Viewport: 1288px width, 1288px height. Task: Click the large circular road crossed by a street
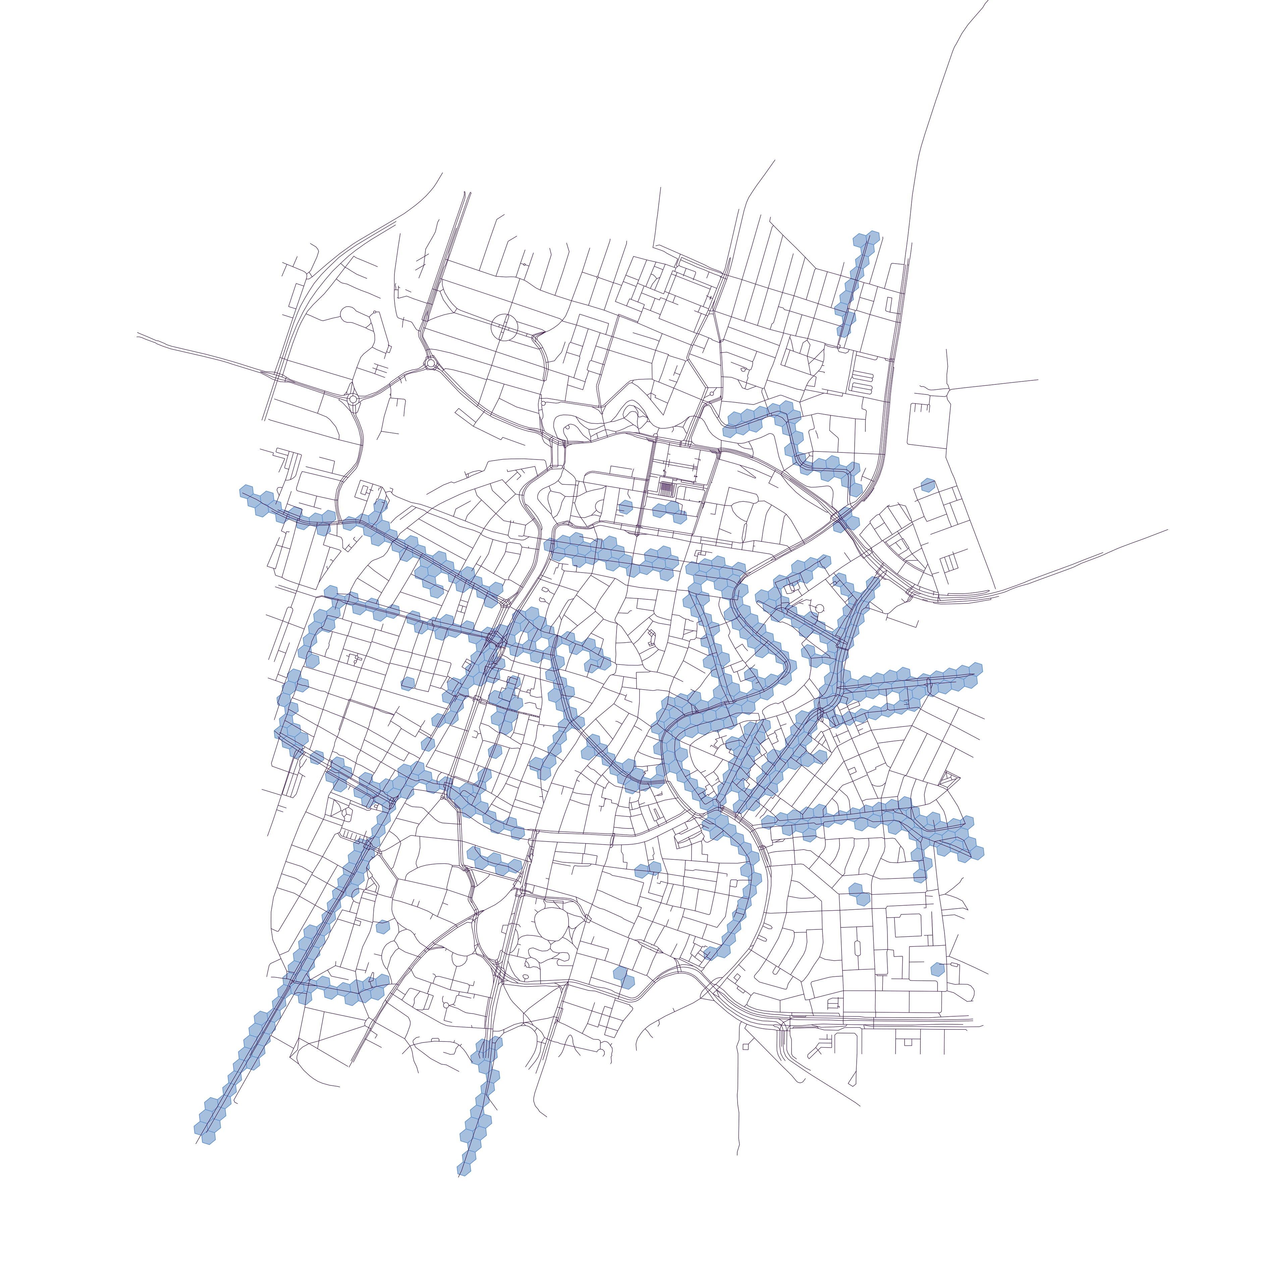click(504, 327)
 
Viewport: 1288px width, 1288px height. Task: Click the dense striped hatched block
click(666, 488)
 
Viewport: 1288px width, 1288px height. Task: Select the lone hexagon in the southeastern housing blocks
click(937, 969)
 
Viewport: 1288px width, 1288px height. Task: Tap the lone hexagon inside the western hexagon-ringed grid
click(408, 683)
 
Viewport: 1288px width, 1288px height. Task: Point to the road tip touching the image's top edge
click(987, 1)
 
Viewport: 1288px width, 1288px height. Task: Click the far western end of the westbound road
click(137, 333)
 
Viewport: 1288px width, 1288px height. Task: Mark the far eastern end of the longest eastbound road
click(1167, 530)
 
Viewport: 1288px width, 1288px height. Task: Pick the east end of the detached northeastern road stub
click(1037, 380)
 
